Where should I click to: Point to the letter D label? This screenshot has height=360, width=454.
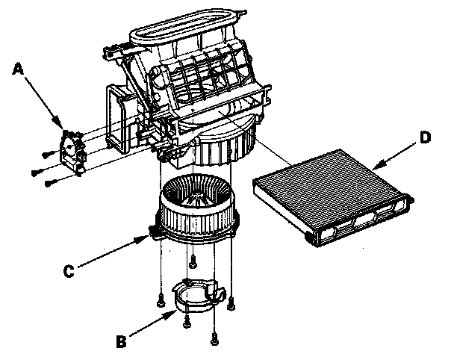tap(424, 137)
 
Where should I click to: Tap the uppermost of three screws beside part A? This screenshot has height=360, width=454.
tap(46, 154)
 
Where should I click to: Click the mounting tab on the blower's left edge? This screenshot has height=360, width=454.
tap(155, 231)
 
